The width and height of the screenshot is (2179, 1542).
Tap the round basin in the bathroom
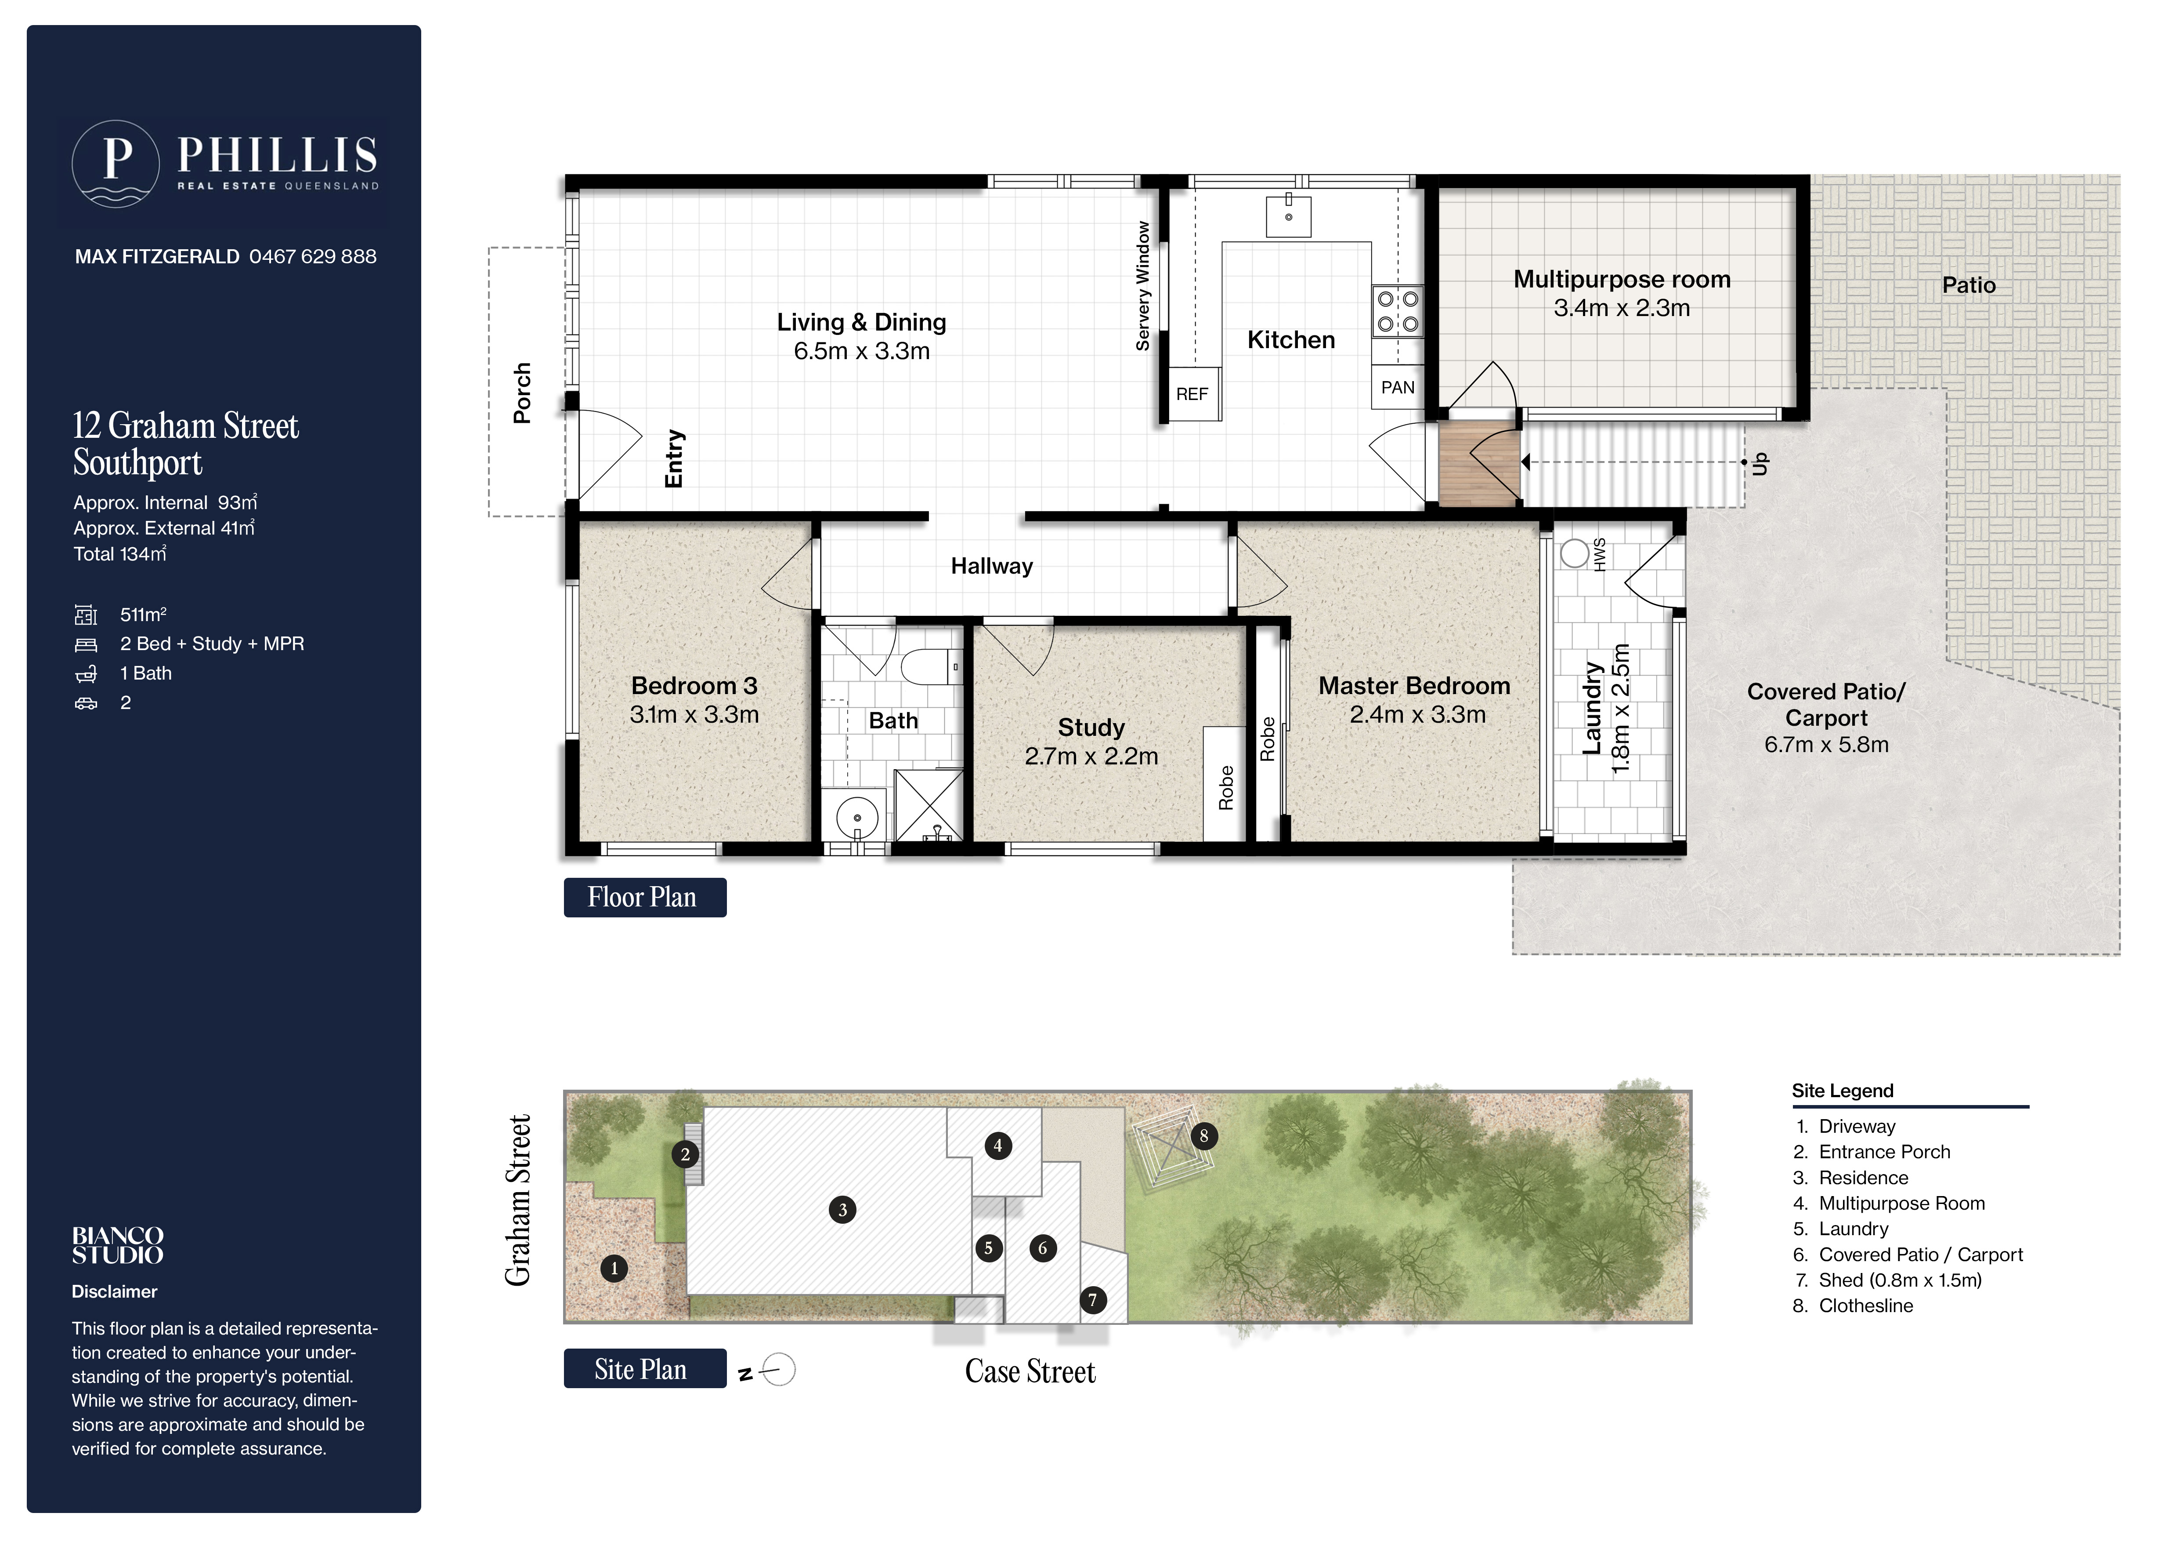(x=857, y=818)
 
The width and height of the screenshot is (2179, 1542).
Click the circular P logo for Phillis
(x=116, y=164)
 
